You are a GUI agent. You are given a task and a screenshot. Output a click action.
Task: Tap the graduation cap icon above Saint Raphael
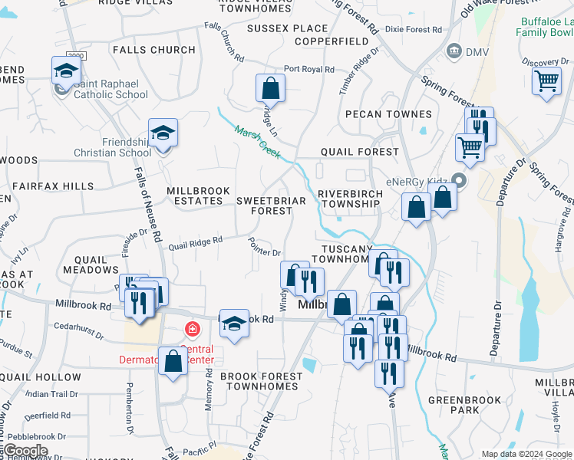66,71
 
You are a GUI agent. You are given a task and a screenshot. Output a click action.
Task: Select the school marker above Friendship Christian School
163,133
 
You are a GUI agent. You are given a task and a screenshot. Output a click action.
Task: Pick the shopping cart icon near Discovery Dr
546,80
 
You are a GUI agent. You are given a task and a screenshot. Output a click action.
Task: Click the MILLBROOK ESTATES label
194,195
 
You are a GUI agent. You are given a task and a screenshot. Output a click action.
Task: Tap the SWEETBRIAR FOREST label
271,205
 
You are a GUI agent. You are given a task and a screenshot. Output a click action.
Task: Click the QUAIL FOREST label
360,153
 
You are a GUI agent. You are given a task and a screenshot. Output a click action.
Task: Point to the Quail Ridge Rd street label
196,243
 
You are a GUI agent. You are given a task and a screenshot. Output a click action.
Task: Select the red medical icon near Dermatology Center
192,330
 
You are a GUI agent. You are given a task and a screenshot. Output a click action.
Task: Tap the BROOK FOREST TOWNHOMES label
259,381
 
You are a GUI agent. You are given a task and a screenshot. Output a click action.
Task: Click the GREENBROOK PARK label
465,405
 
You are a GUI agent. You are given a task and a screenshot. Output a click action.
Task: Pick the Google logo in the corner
25,452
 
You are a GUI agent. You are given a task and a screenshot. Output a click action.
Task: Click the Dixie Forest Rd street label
414,30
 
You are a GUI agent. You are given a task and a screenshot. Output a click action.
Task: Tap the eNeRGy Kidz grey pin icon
460,182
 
